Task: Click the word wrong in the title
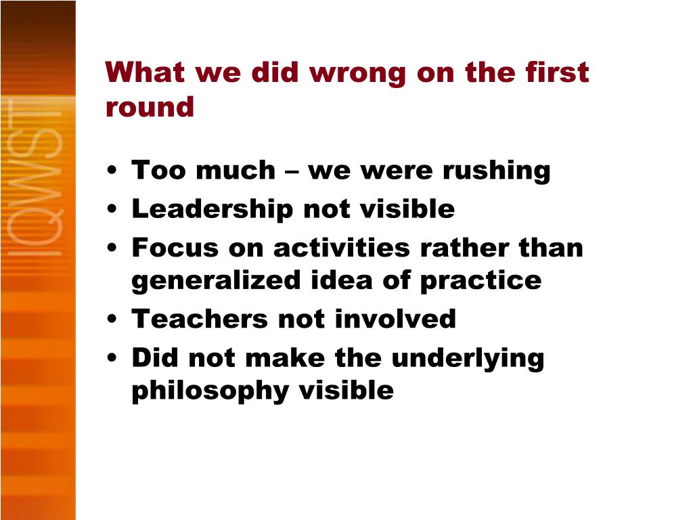(357, 73)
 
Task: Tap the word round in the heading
(150, 108)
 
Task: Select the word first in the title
(557, 72)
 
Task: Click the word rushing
(496, 171)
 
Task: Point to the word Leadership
(213, 209)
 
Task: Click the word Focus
(175, 248)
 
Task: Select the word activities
(342, 247)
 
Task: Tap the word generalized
(216, 281)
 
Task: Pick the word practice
(481, 281)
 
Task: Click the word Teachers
(200, 319)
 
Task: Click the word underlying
(468, 358)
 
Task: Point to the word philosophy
(210, 391)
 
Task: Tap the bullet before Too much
(112, 170)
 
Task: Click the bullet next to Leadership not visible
(112, 209)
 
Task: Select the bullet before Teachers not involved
(112, 319)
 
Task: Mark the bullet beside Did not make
(112, 357)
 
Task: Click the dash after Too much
(292, 171)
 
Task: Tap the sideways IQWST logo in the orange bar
(35, 177)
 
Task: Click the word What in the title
(145, 72)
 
